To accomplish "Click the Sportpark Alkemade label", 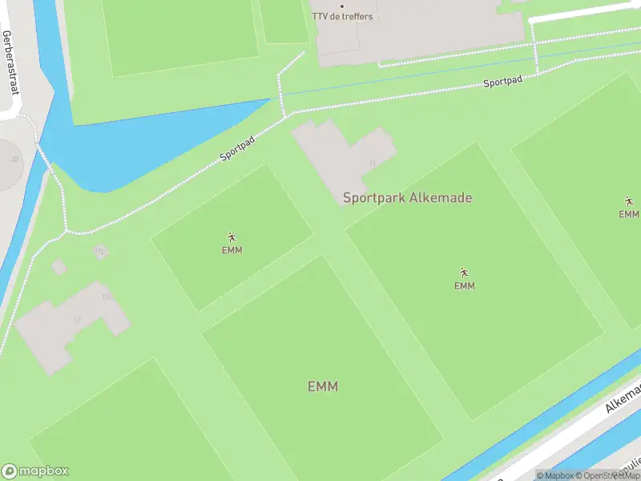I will click(x=407, y=198).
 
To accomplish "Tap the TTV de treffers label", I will click(x=342, y=17).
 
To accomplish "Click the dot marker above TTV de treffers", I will click(x=342, y=6).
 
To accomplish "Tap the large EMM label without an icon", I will click(x=323, y=386).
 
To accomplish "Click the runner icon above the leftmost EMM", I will click(x=232, y=237).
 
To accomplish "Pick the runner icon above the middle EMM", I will click(x=464, y=273).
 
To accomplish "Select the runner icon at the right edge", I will click(x=629, y=201).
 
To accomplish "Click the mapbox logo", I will click(x=35, y=471).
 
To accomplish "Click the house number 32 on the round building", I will click(x=14, y=159).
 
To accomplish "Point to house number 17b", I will click(x=99, y=252).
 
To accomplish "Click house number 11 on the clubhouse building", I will click(x=372, y=164).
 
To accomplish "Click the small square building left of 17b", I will click(x=58, y=266).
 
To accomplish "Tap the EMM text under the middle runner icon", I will click(x=464, y=286).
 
